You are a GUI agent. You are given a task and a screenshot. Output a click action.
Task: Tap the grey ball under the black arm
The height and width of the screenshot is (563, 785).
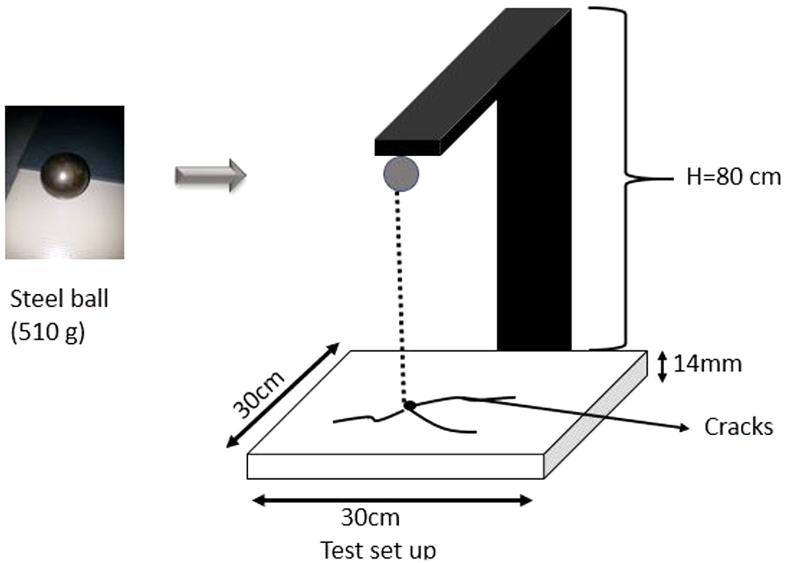click(401, 174)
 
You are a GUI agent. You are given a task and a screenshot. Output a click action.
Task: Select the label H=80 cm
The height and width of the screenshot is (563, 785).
click(733, 177)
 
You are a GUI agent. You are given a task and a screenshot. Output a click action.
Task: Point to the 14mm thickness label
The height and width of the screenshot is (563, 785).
click(707, 364)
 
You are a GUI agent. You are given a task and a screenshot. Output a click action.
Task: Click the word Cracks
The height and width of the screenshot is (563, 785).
click(738, 427)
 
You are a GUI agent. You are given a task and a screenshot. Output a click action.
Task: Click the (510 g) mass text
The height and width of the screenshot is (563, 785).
click(47, 331)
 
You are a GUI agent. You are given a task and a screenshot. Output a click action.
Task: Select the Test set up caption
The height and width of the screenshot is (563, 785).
click(378, 549)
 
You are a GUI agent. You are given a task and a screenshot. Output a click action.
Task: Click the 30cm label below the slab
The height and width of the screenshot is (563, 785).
click(371, 518)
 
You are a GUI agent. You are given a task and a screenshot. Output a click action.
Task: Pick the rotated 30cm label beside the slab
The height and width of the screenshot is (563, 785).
click(259, 395)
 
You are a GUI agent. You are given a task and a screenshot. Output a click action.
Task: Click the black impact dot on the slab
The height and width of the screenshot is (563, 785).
click(410, 405)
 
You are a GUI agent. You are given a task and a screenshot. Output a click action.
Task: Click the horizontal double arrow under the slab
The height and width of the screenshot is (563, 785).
click(392, 501)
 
